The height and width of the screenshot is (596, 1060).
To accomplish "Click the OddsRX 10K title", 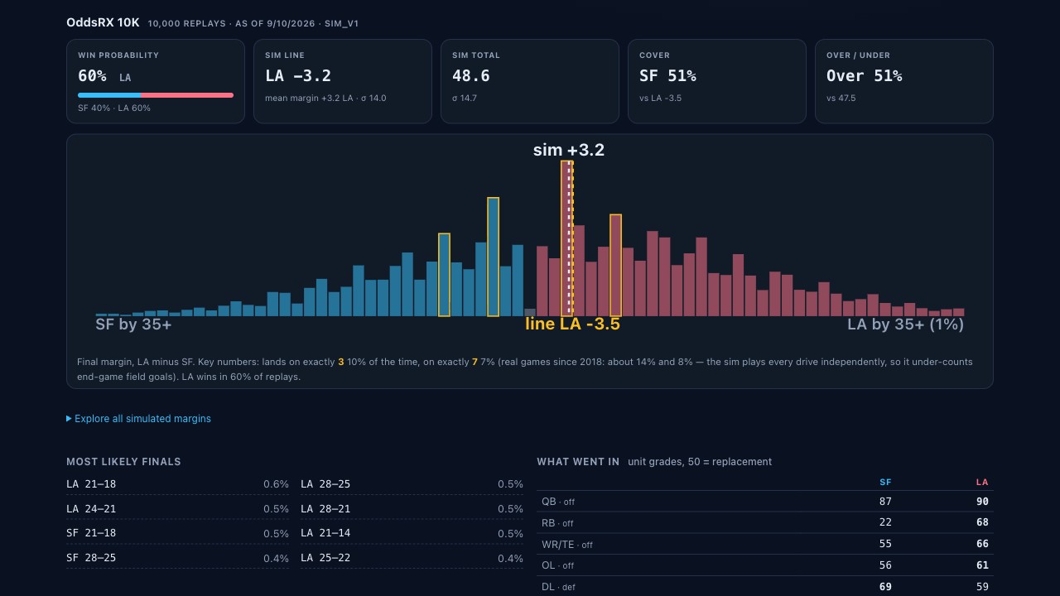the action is click(x=103, y=22).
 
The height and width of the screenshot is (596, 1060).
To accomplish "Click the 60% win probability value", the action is click(x=92, y=75).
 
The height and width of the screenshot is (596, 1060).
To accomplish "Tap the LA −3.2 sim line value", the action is click(x=298, y=75).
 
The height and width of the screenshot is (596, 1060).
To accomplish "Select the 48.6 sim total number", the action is click(x=471, y=75).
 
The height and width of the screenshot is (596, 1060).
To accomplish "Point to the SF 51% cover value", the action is click(x=667, y=75).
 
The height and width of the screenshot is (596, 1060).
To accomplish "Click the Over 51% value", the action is click(x=864, y=75).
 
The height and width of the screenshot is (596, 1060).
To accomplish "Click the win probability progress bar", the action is click(x=156, y=95).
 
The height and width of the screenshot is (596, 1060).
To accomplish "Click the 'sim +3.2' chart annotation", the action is click(x=569, y=150).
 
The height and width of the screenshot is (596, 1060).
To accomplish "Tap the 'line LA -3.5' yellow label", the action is click(x=572, y=324).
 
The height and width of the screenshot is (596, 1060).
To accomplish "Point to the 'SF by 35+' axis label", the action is click(x=133, y=324).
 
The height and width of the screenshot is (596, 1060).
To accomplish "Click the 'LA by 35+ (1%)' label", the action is click(x=905, y=324).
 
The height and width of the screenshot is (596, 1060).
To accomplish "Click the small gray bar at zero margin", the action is click(x=530, y=312).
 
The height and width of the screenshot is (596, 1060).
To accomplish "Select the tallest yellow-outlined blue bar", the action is click(x=493, y=257).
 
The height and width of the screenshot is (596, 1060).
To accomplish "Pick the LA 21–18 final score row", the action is click(x=177, y=484).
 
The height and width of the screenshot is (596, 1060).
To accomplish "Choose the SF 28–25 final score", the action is click(x=91, y=558).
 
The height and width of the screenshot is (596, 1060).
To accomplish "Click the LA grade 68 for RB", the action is click(x=982, y=522).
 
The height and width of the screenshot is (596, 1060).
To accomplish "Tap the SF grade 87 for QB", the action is click(x=885, y=502).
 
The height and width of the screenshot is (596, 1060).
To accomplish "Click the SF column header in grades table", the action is click(x=885, y=482).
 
